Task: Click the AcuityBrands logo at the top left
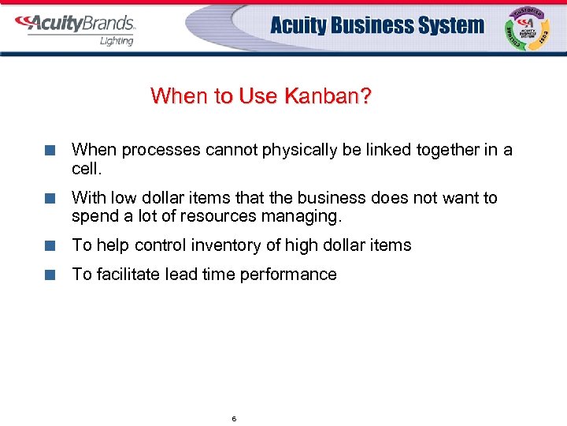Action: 75,23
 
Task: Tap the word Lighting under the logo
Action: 117,41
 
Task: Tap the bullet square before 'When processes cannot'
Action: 50,151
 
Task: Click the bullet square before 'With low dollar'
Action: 50,198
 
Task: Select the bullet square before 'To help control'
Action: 50,246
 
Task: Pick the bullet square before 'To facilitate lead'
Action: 50,275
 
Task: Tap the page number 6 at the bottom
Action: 234,418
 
